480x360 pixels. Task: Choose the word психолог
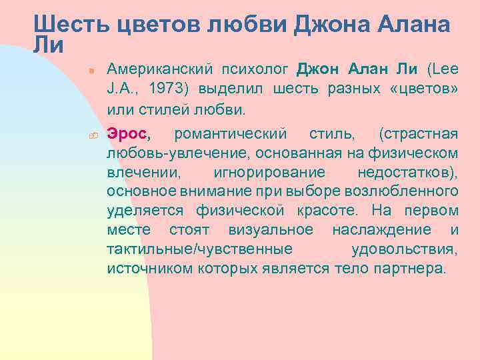tap(256, 69)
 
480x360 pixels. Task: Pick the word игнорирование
tap(269, 173)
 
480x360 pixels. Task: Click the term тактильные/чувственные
tap(199, 249)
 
